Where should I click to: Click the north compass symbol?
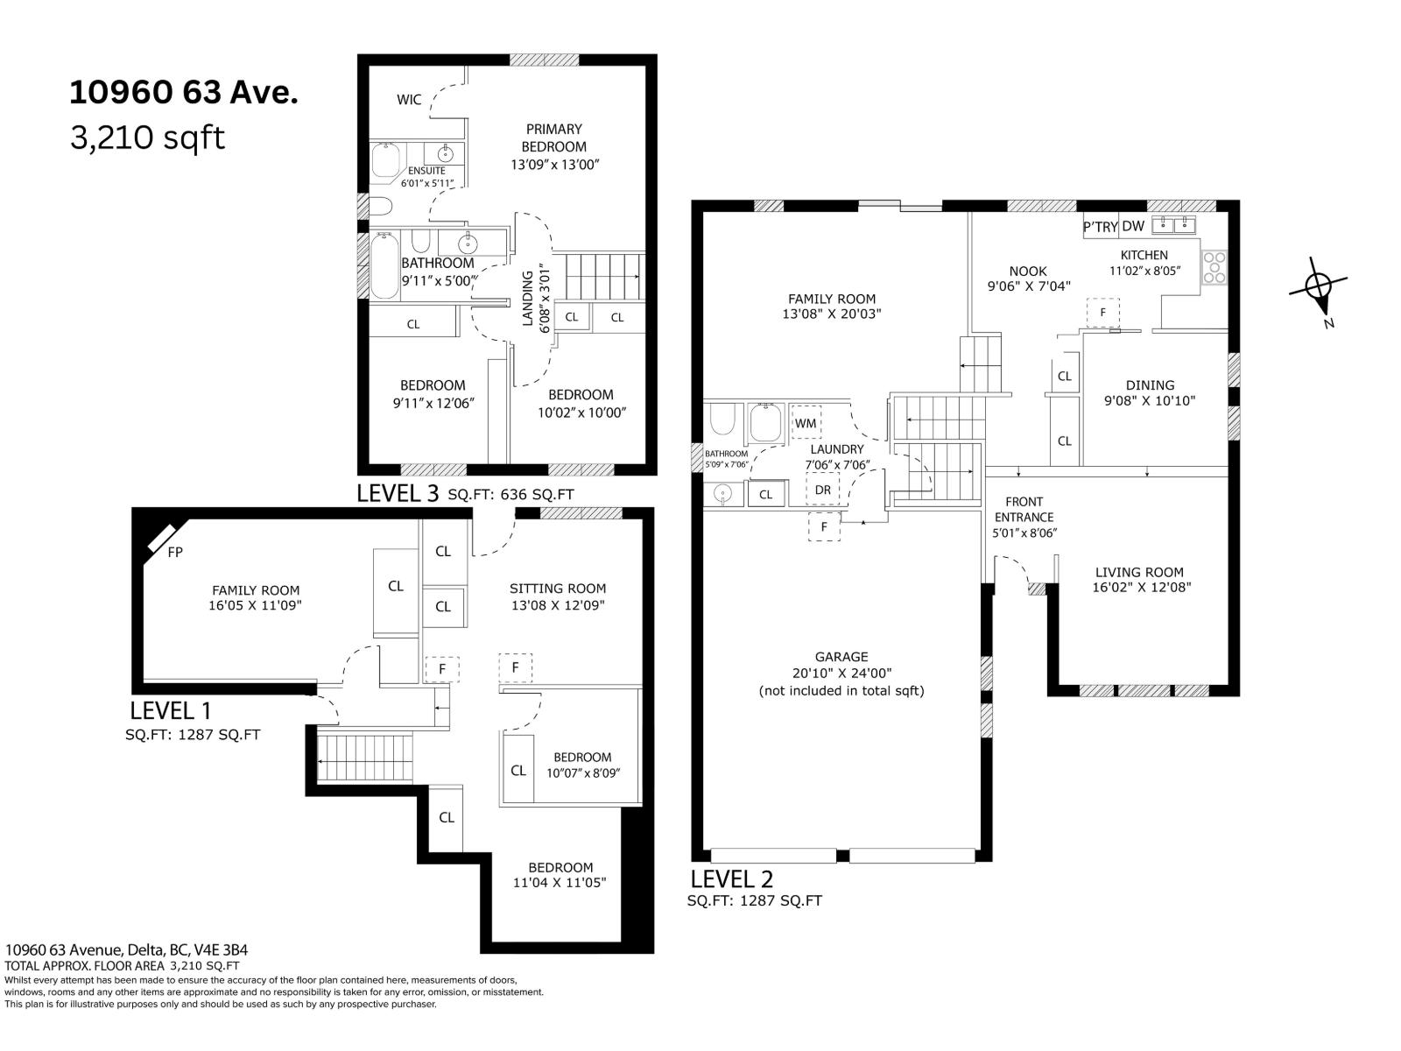(1318, 287)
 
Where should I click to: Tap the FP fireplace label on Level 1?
(175, 553)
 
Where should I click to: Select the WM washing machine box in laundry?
(806, 423)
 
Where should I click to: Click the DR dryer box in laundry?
(822, 490)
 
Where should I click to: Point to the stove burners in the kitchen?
(1215, 267)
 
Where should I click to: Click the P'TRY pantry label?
(1101, 227)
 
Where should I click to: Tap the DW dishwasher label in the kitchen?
(1133, 226)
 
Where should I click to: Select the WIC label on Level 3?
(409, 100)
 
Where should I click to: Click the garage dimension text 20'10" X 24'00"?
(841, 674)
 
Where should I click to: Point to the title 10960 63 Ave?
(184, 93)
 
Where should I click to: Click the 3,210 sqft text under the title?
(147, 138)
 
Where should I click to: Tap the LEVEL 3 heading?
(398, 493)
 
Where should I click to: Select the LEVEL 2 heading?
(731, 878)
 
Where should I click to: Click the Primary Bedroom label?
(554, 138)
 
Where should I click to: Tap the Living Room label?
(1139, 572)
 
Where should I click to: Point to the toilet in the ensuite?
(380, 207)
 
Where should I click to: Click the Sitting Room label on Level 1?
(558, 589)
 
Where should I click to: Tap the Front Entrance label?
(1024, 510)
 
